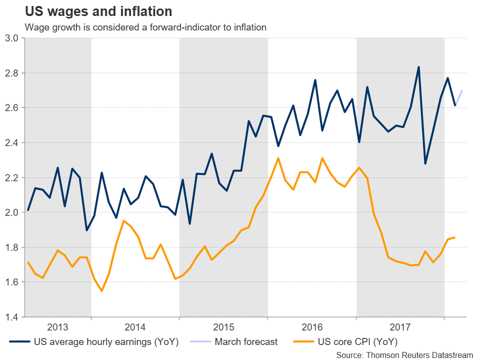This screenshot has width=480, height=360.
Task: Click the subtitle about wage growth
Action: coord(145,27)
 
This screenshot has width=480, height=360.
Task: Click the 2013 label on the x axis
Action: coord(57,327)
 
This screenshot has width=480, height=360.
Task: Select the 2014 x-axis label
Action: coord(135,327)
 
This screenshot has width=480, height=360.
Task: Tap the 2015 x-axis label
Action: coord(223,327)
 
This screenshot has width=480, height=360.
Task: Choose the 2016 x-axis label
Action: coord(312,327)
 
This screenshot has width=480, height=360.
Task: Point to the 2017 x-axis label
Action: coord(400,327)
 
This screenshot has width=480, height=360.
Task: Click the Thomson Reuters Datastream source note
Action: coord(404,354)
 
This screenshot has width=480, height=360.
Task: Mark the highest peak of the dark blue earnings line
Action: coord(418,67)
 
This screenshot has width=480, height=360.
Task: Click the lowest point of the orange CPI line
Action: coord(101,290)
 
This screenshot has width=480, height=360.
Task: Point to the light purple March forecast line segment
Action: coord(458,97)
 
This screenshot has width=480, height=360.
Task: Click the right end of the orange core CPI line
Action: coord(454,237)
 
